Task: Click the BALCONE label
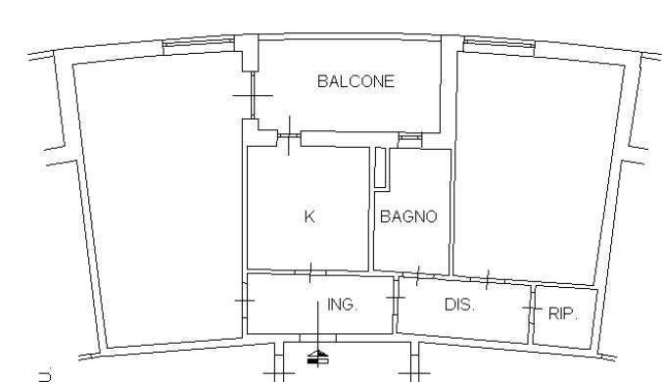pyautogui.click(x=355, y=81)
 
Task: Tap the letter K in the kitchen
pyautogui.click(x=309, y=216)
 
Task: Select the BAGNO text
pyautogui.click(x=408, y=216)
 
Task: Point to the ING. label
pyautogui.click(x=343, y=305)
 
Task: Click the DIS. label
pyautogui.click(x=459, y=305)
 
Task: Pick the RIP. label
pyautogui.click(x=563, y=313)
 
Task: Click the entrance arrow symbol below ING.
pyautogui.click(x=318, y=358)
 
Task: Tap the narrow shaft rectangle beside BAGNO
pyautogui.click(x=380, y=167)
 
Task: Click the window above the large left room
pyautogui.click(x=198, y=43)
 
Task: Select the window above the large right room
pyautogui.click(x=499, y=43)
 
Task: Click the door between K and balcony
pyautogui.click(x=289, y=136)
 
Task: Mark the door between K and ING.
pyautogui.click(x=310, y=272)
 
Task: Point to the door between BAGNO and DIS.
pyautogui.click(x=417, y=275)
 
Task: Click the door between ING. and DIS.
pyautogui.click(x=396, y=298)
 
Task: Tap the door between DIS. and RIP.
pyautogui.click(x=532, y=308)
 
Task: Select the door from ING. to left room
pyautogui.click(x=245, y=301)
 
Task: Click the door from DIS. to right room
pyautogui.click(x=488, y=280)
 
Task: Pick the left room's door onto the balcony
pyautogui.click(x=253, y=95)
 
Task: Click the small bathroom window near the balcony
pyautogui.click(x=410, y=137)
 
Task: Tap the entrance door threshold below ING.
pyautogui.click(x=318, y=338)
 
